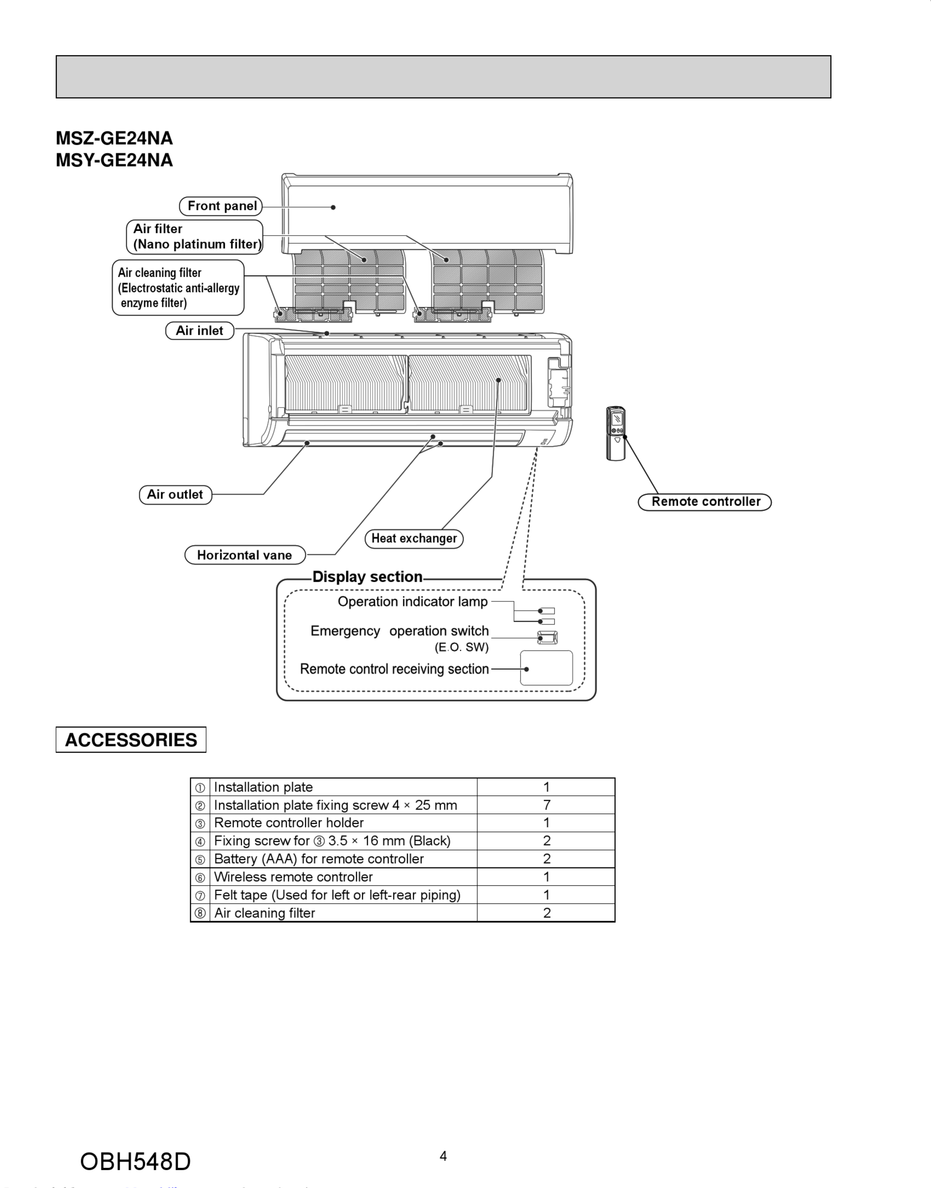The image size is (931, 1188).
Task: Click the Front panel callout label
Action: click(x=221, y=206)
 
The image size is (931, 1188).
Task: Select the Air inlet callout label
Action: click(x=200, y=331)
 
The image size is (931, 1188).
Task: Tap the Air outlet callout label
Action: click(x=175, y=494)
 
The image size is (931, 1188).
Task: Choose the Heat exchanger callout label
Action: click(x=414, y=538)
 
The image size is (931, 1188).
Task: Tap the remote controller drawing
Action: click(x=616, y=433)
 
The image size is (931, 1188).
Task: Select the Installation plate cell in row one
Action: click(x=263, y=787)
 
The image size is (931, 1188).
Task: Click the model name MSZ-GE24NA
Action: click(x=114, y=139)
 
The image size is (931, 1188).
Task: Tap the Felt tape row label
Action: click(x=337, y=895)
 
